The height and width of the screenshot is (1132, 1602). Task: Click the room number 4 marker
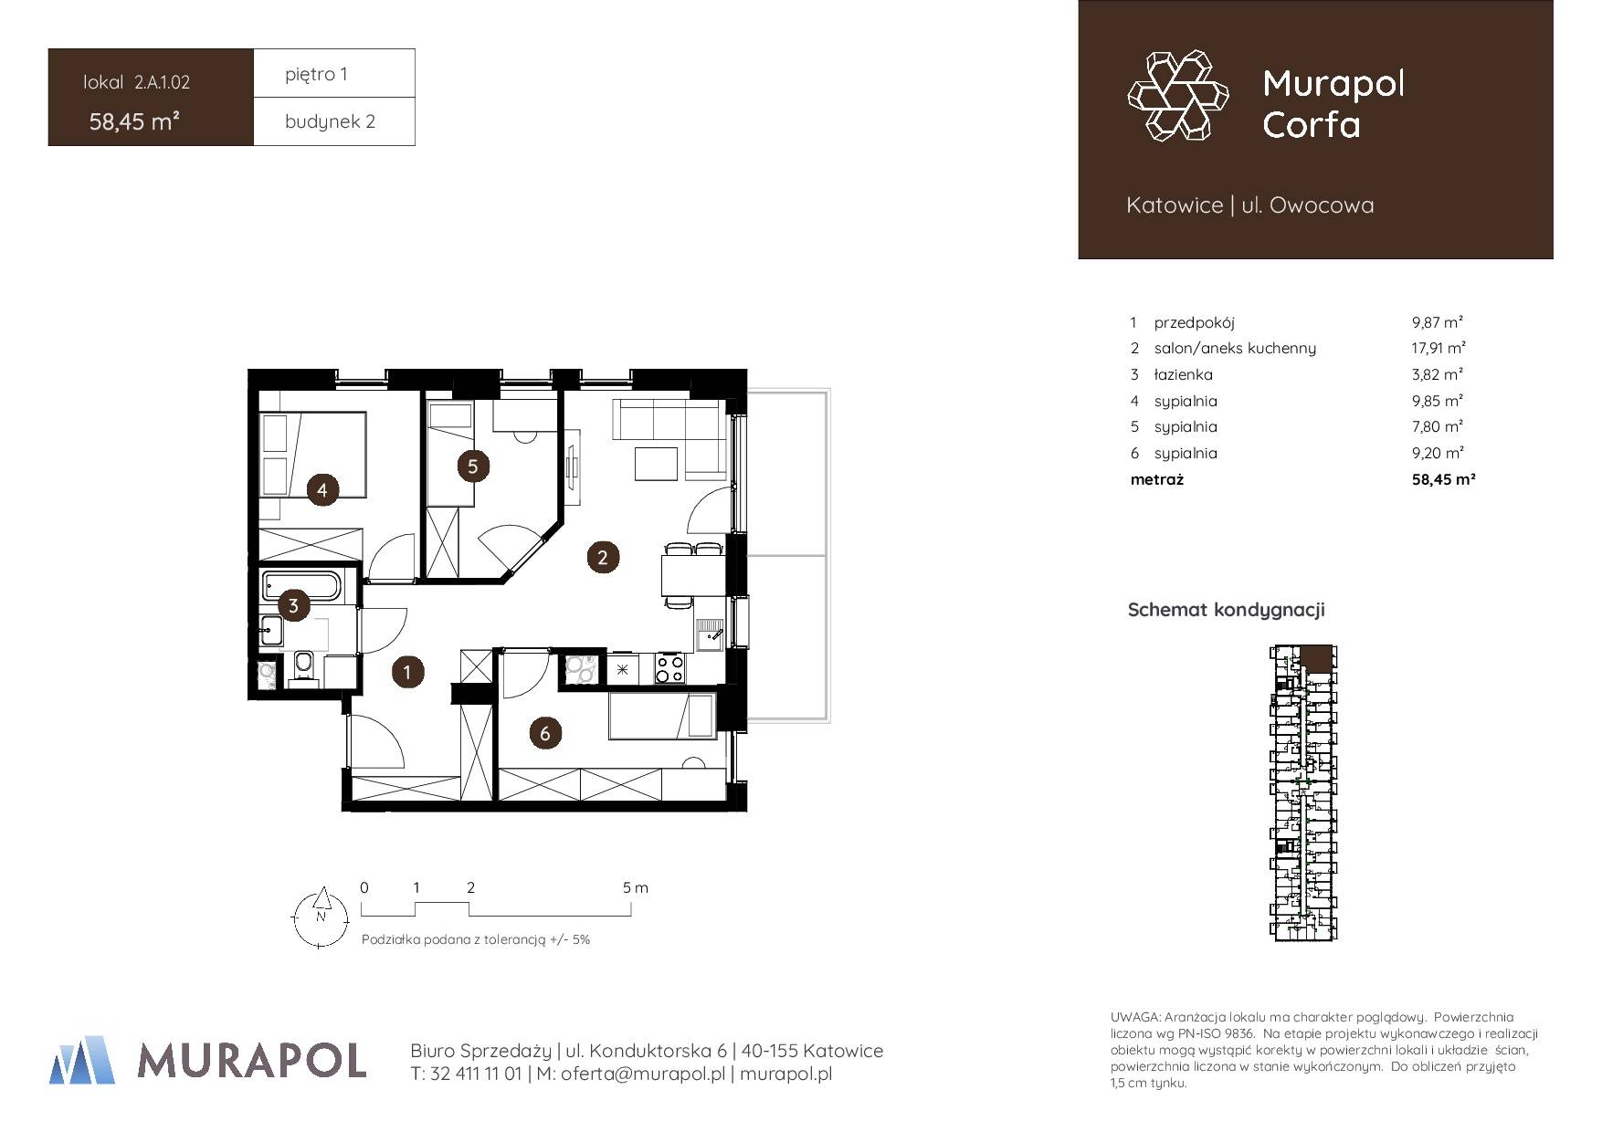point(322,490)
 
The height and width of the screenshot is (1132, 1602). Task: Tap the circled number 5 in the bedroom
point(472,466)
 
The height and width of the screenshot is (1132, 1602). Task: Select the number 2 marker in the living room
point(602,557)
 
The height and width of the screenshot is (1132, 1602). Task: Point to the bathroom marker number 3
point(293,604)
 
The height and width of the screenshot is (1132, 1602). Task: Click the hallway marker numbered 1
point(407,673)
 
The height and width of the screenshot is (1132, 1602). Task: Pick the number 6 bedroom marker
point(545,732)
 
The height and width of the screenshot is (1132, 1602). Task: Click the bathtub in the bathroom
point(302,585)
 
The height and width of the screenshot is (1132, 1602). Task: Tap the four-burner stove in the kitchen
point(669,669)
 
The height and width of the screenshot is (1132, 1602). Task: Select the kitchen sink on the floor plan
point(710,634)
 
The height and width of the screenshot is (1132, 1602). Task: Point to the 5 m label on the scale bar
point(636,887)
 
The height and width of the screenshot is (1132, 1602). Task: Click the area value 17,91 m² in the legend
point(1439,348)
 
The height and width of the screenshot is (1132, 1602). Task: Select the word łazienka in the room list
point(1183,374)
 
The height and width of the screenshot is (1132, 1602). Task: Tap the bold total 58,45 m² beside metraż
point(1444,478)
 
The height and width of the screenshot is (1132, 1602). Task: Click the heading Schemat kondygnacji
point(1226,610)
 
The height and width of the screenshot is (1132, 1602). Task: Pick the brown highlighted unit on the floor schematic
point(1316,657)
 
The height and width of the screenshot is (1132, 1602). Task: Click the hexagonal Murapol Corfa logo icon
point(1177,96)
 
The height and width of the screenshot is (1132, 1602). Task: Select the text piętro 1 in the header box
point(316,74)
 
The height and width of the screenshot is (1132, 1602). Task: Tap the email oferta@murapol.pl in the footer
point(631,1074)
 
